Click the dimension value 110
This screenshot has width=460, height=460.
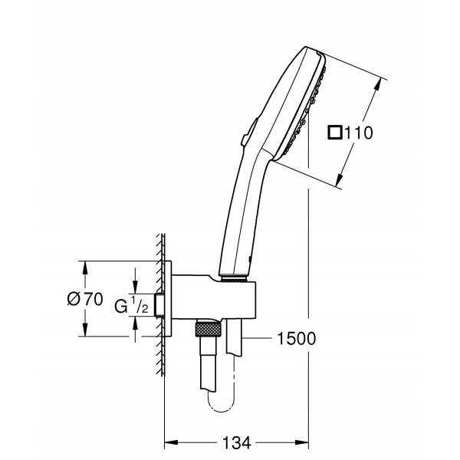pos(357,133)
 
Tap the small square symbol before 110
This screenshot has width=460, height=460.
pos(334,133)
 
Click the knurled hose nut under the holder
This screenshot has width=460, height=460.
pos(207,330)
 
